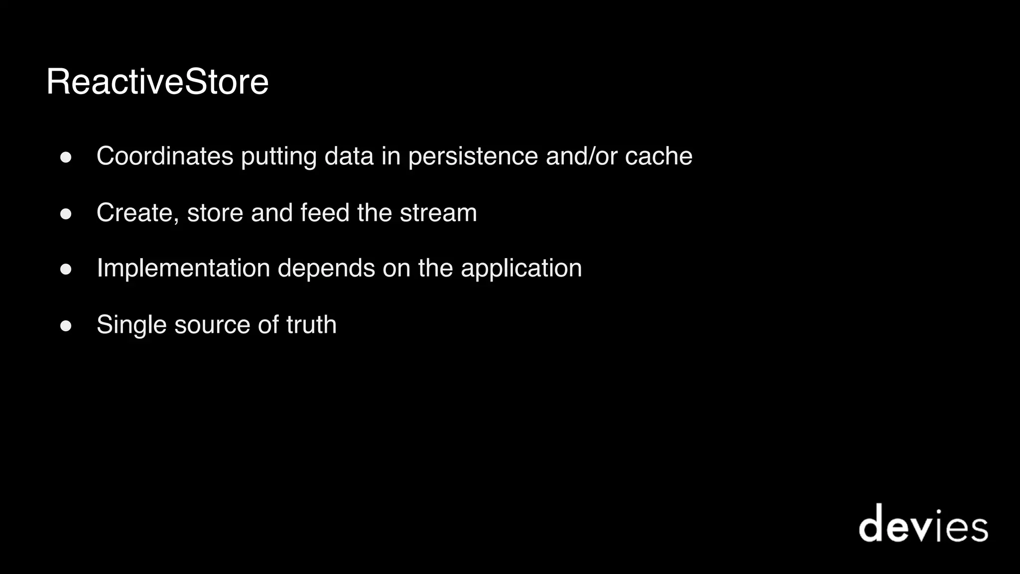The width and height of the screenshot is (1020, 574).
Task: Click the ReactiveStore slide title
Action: pyautogui.click(x=157, y=82)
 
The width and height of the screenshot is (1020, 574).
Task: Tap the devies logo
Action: pyautogui.click(x=923, y=524)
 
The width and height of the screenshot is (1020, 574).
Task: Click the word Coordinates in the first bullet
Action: pyautogui.click(x=165, y=156)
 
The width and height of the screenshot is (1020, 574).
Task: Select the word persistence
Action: pyautogui.click(x=473, y=157)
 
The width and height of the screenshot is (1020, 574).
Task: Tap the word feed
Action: pyautogui.click(x=325, y=213)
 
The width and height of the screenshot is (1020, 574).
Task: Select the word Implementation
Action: pyautogui.click(x=183, y=269)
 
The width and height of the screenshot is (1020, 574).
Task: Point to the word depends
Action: pyautogui.click(x=326, y=269)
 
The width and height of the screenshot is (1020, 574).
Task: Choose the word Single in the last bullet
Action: pyautogui.click(x=131, y=325)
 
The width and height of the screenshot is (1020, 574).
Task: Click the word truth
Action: pyautogui.click(x=311, y=325)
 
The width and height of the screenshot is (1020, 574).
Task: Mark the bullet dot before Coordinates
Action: pyautogui.click(x=66, y=158)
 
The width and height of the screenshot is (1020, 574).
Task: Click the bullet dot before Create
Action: pyautogui.click(x=66, y=214)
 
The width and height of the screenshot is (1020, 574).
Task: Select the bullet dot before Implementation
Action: pyautogui.click(x=66, y=270)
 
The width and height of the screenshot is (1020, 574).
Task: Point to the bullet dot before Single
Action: pyautogui.click(x=66, y=326)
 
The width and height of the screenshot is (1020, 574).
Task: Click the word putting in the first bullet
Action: pyautogui.click(x=279, y=157)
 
